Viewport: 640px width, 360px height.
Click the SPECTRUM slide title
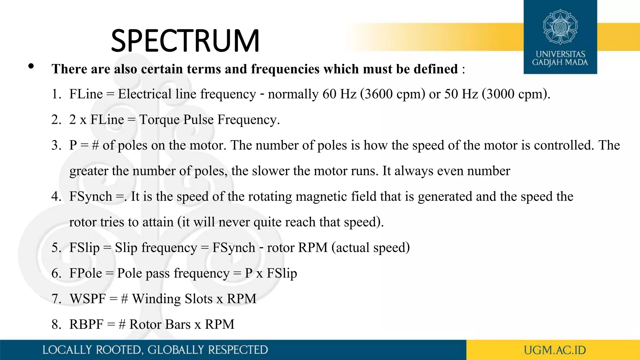tap(185, 41)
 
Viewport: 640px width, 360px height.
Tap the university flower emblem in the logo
tap(560, 27)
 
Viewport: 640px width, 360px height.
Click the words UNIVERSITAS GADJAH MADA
tap(560, 58)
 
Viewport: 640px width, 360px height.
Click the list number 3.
tap(56, 145)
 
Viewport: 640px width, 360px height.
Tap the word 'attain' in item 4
tap(158, 222)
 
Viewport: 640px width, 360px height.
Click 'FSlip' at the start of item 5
tap(84, 248)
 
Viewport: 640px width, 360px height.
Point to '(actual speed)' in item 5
tap(371, 248)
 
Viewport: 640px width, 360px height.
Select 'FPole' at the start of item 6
tap(86, 273)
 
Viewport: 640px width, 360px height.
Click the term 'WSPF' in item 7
tap(88, 299)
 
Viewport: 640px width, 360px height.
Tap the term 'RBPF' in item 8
tap(86, 325)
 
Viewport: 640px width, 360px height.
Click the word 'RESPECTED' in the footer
tap(238, 350)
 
